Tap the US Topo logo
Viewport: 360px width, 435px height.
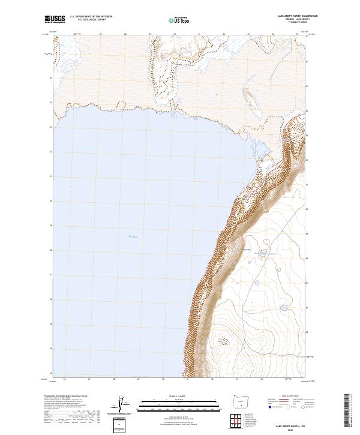(x=179, y=20)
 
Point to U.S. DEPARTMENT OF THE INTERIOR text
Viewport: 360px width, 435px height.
(x=91, y=17)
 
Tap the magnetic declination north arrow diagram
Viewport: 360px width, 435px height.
(x=122, y=406)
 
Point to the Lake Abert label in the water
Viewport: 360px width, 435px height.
(x=133, y=237)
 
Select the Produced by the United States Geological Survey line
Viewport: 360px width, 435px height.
(x=66, y=397)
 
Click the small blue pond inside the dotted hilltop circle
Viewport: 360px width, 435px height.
(x=223, y=341)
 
